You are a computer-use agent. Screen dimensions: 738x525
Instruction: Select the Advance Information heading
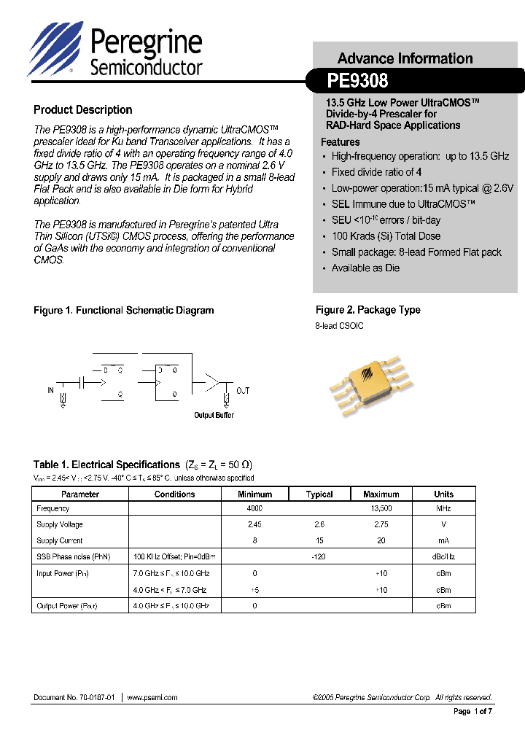pyautogui.click(x=405, y=58)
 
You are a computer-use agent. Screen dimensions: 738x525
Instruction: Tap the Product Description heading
pyautogui.click(x=82, y=110)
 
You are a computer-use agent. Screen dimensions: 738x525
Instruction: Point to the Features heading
pyautogui.click(x=340, y=142)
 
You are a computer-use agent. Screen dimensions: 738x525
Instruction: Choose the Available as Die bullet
pyautogui.click(x=365, y=268)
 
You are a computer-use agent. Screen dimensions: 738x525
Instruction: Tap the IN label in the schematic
pyautogui.click(x=51, y=391)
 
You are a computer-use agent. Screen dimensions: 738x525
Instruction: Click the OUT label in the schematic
pyautogui.click(x=243, y=391)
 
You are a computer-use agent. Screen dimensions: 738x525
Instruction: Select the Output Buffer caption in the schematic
pyautogui.click(x=214, y=416)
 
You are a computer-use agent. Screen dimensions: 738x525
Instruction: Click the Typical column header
pyautogui.click(x=319, y=494)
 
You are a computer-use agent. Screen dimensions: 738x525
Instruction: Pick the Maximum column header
pyautogui.click(x=381, y=494)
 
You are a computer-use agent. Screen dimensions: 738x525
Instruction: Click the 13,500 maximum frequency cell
pyautogui.click(x=381, y=508)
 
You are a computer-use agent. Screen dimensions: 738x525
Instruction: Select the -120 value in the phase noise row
pyautogui.click(x=319, y=557)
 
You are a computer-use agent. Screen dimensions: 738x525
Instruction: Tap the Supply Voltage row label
pyautogui.click(x=60, y=524)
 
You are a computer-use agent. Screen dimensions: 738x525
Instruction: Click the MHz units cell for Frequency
pyautogui.click(x=443, y=508)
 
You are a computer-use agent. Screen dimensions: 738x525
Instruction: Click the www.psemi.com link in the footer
pyautogui.click(x=152, y=698)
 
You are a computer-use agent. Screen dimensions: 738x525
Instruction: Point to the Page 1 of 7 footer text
pyautogui.click(x=473, y=712)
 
